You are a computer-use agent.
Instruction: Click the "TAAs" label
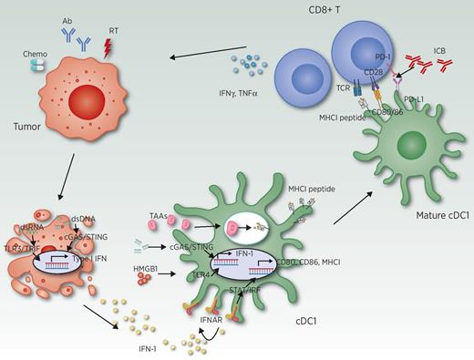[159, 214]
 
